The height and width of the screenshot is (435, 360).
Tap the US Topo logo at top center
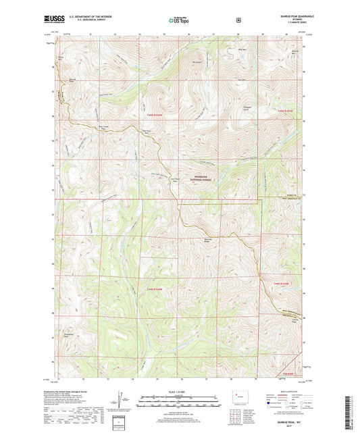tap(179, 21)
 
